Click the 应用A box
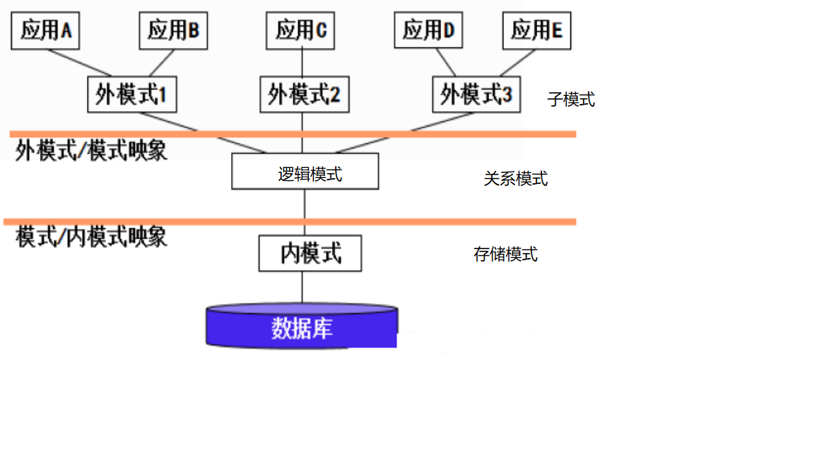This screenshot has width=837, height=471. coord(45,31)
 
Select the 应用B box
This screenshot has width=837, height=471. coord(174,31)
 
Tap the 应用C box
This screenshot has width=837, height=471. coord(301,31)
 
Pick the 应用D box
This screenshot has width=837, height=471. coord(429,30)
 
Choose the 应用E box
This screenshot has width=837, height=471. coord(537,31)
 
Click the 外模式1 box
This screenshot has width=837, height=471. coord(132,94)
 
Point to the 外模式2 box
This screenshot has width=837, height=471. coord(305,94)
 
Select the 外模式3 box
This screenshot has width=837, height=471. coord(477,94)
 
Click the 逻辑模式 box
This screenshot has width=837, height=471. coord(305,172)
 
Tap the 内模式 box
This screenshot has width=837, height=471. coord(310,253)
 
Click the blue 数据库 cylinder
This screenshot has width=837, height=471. coord(302,326)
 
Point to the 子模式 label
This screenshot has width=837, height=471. coord(571,100)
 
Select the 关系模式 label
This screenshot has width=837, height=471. coord(516,179)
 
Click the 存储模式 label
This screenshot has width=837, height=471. coord(506,254)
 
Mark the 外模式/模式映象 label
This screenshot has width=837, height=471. coord(92,150)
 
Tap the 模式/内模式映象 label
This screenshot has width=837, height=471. coord(92,237)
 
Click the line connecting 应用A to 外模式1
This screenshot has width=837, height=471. coord(79,63)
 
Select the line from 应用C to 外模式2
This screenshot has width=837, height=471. coord(302,63)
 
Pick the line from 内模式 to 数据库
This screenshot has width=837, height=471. coord(302,288)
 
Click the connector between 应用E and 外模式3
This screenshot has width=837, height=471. coord(517,63)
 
